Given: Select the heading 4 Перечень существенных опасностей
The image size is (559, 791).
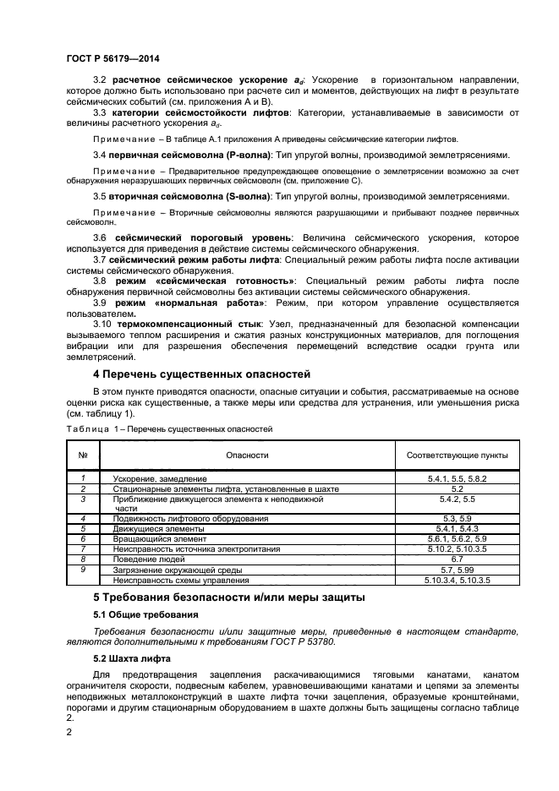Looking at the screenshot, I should [201, 374].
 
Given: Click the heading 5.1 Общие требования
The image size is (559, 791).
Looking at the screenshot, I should [145, 614].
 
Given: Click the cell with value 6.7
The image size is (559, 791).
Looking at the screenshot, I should [458, 559].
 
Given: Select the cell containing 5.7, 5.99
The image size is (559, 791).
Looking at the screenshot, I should [458, 570].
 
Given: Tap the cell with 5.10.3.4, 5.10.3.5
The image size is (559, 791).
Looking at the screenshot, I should [458, 580].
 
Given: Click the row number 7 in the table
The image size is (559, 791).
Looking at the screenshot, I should [83, 549].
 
